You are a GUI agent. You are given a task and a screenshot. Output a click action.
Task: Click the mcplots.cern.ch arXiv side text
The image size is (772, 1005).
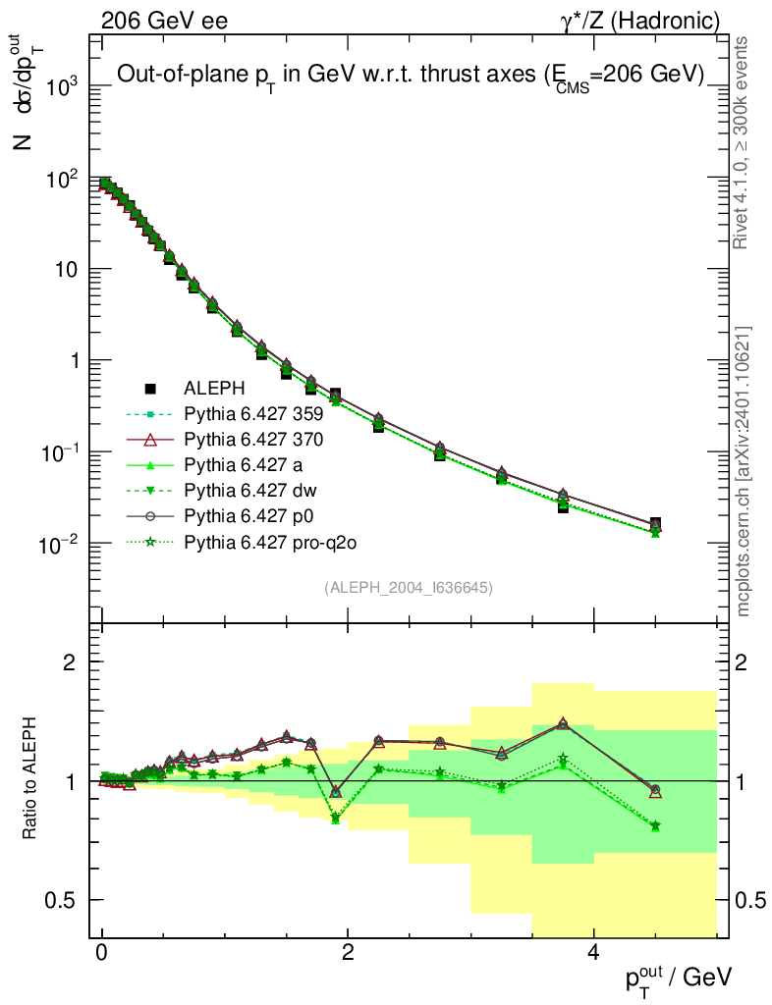[x=744, y=472]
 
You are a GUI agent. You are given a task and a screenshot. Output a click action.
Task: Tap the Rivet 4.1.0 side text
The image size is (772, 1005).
[x=744, y=141]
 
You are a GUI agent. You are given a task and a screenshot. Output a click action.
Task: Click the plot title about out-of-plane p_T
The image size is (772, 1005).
[x=411, y=76]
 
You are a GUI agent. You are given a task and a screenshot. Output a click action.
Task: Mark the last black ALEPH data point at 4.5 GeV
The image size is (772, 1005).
[x=655, y=524]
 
